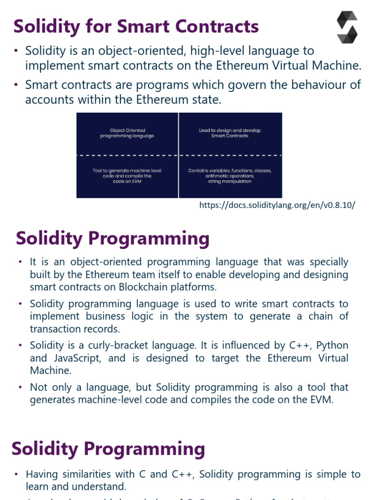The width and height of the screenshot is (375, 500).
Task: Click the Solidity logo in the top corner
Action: (x=347, y=27)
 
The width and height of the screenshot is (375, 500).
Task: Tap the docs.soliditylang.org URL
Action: (x=277, y=205)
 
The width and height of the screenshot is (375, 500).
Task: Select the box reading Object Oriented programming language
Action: (x=127, y=133)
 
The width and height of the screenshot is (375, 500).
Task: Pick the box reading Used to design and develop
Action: (x=230, y=133)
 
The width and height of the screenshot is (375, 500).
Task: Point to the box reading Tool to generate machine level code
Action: (x=127, y=176)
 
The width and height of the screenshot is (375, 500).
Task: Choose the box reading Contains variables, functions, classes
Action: (x=230, y=176)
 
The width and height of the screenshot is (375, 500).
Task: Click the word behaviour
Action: (x=307, y=85)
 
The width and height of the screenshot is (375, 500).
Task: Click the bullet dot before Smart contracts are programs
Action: (x=16, y=85)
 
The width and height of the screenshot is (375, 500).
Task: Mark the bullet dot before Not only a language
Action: (x=21, y=387)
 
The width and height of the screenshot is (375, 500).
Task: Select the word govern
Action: (x=238, y=85)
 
